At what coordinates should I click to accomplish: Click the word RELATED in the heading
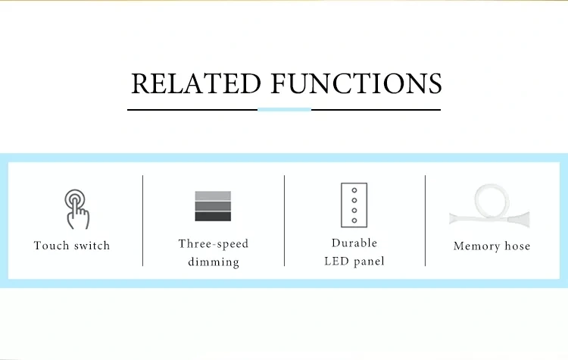tap(196, 83)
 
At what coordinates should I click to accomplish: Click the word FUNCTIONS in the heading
tap(357, 83)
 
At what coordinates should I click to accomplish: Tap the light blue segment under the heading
tap(284, 109)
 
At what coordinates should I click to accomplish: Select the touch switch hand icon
tap(76, 209)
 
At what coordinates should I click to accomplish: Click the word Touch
tap(51, 246)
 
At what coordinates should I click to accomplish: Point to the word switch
tap(92, 246)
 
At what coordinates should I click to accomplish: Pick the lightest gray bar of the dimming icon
tap(213, 196)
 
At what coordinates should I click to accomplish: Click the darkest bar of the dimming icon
tap(213, 217)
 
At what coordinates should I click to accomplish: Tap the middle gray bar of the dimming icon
tap(213, 206)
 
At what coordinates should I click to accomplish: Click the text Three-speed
tap(214, 243)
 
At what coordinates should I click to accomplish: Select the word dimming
tap(214, 261)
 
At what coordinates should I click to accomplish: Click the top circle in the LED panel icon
tap(354, 190)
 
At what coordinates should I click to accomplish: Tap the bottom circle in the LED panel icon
tap(354, 221)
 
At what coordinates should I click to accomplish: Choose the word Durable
tap(354, 243)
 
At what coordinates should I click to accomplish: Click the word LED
tap(336, 261)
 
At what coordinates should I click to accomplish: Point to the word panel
tap(369, 261)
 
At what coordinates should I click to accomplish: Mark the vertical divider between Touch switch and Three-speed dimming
tap(142, 221)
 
